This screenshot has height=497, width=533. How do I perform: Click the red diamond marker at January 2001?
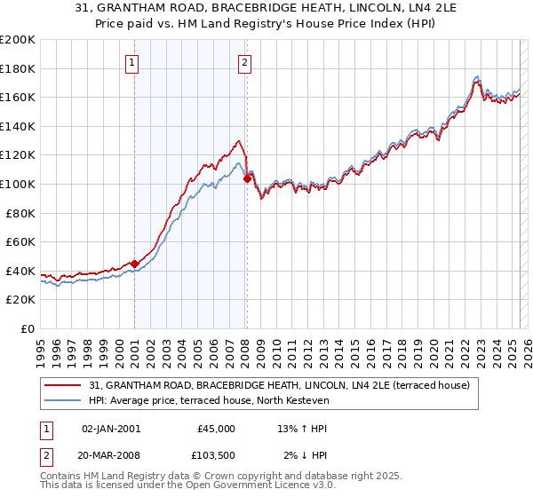point(134,263)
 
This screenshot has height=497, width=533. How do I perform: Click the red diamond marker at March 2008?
point(247,178)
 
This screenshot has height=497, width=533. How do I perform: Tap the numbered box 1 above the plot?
point(131,62)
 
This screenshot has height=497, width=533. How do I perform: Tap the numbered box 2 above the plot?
point(244,62)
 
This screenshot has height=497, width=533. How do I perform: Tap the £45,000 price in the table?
point(216,429)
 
